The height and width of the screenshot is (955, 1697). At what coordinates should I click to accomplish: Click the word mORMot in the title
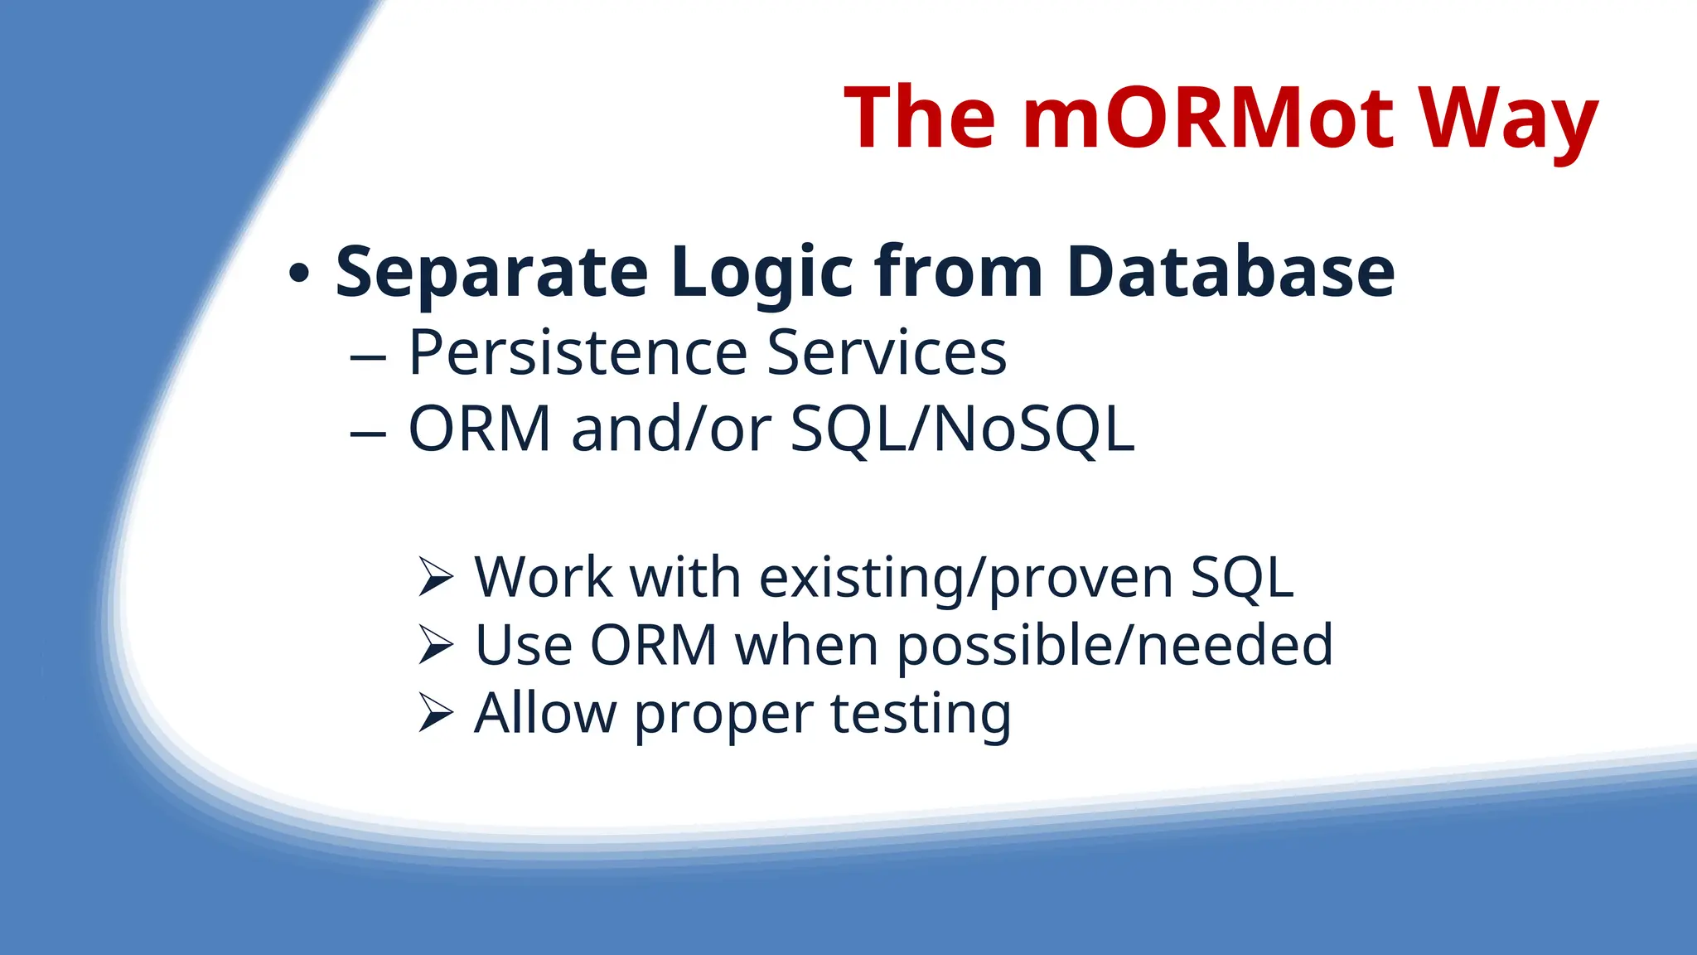[1209, 118]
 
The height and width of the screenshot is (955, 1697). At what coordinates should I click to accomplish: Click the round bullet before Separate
[300, 273]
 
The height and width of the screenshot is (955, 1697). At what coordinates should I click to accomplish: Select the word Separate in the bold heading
[491, 273]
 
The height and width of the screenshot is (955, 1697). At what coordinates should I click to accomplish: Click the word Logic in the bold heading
[762, 273]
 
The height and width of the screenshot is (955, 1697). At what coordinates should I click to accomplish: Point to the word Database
[1230, 273]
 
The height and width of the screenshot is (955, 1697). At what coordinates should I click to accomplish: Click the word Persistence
[578, 353]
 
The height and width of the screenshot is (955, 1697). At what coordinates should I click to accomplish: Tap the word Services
[887, 353]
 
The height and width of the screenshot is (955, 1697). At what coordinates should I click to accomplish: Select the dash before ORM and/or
[368, 434]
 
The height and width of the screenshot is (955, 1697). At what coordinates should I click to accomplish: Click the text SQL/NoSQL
[962, 429]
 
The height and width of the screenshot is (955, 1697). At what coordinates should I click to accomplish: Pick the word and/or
[671, 429]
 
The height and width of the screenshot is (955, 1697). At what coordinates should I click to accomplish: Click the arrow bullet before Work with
[436, 577]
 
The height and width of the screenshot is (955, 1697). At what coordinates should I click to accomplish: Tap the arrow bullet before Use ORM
[436, 645]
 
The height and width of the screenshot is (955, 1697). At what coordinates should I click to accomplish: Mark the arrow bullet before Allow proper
[436, 713]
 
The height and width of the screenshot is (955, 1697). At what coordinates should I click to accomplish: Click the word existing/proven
[965, 578]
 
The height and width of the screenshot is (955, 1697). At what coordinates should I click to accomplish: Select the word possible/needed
[1115, 646]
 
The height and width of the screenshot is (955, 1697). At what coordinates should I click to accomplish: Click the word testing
[921, 714]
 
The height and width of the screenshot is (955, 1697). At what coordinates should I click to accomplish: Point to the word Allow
[545, 713]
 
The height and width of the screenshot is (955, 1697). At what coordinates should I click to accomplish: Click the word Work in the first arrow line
[543, 577]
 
